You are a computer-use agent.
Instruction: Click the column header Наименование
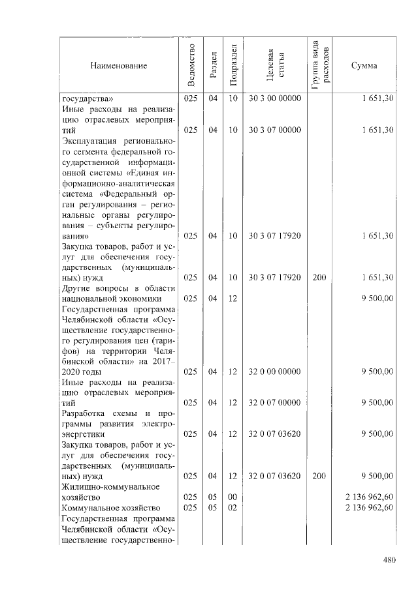point(119,65)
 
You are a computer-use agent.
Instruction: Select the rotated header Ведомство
point(191,66)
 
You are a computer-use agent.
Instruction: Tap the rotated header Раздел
point(212,66)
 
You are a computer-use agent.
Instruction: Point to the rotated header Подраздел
point(233,65)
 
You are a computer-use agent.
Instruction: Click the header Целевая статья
point(274,65)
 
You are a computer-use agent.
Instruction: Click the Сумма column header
point(363,65)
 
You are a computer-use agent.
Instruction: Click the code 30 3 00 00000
point(274,98)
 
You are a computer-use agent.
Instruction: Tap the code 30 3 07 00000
point(274,130)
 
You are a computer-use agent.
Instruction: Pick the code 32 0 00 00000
point(274,372)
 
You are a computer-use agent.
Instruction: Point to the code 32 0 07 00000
point(274,403)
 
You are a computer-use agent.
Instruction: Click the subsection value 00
point(233,497)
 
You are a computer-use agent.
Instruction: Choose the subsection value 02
point(233,507)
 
